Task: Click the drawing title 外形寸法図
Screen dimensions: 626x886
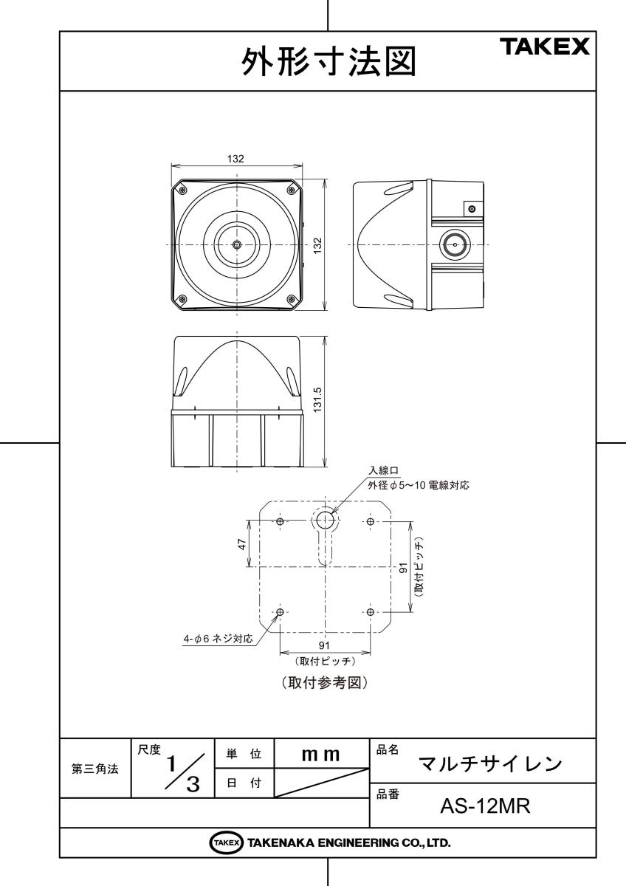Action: [329, 62]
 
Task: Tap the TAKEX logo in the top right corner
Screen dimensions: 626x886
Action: [546, 47]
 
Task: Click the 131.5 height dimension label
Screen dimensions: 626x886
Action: [317, 400]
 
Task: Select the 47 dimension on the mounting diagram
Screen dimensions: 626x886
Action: [242, 544]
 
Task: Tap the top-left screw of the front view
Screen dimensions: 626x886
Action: [182, 190]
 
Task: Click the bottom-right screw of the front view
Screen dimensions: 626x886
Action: [292, 299]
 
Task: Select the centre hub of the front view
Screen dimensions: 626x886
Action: [236, 245]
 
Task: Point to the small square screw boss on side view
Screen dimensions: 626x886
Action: [471, 209]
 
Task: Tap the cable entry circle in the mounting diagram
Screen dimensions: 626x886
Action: [325, 520]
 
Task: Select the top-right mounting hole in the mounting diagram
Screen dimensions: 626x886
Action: [370, 521]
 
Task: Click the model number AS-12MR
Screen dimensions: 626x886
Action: [485, 806]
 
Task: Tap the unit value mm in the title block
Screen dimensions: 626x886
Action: [320, 755]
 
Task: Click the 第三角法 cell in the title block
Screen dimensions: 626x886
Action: [95, 768]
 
